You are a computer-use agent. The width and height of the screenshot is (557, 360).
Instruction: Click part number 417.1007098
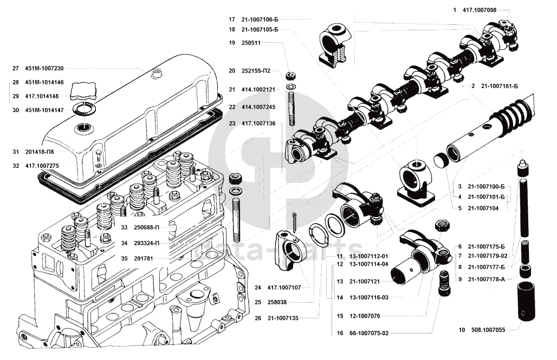point(480,10)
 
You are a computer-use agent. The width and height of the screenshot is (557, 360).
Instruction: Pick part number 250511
point(252,42)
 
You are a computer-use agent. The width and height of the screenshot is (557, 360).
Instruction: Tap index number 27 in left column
point(15,69)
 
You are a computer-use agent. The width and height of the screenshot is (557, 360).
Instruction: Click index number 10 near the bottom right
point(461,329)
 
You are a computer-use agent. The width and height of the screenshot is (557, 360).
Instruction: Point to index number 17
point(231,19)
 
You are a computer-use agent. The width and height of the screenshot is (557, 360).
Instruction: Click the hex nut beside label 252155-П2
point(290,74)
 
